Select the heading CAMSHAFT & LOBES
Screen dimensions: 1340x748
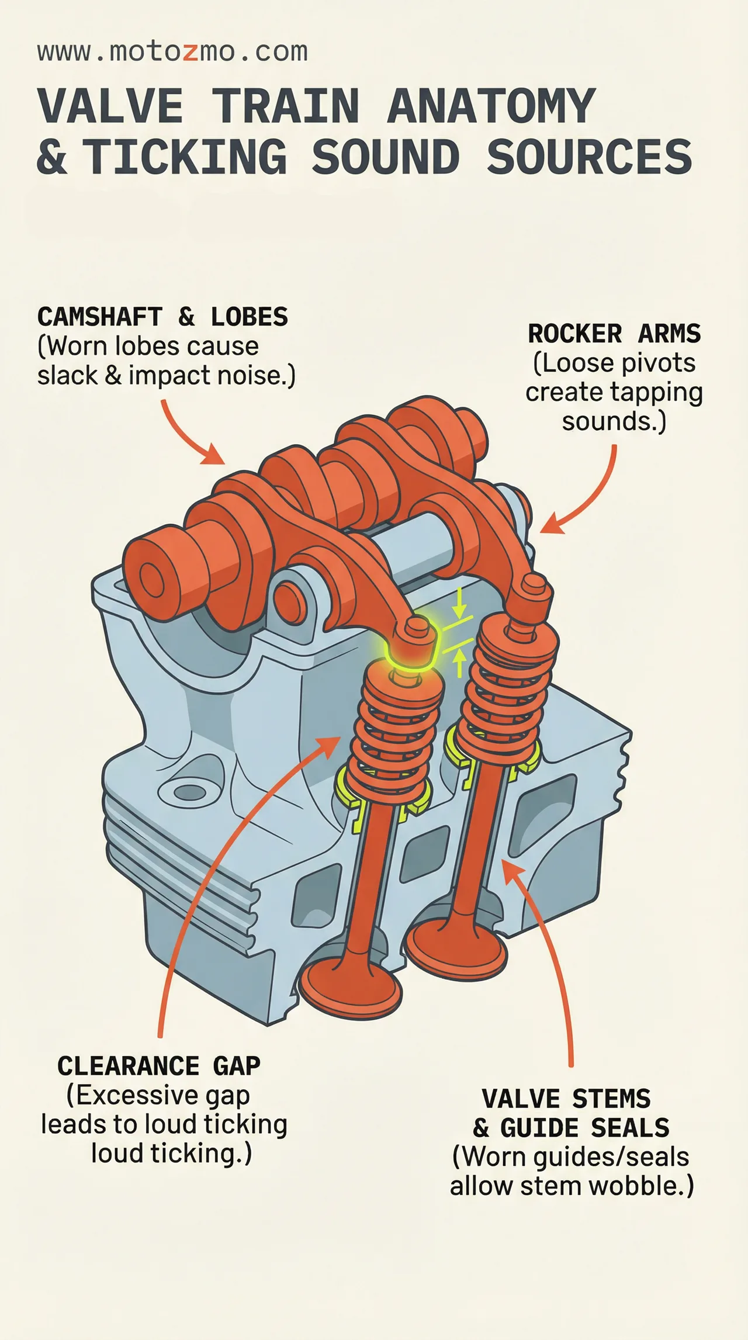point(162,317)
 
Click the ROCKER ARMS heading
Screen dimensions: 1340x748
point(614,334)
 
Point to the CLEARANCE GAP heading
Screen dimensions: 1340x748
point(159,1066)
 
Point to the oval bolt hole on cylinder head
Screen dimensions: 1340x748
point(191,792)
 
